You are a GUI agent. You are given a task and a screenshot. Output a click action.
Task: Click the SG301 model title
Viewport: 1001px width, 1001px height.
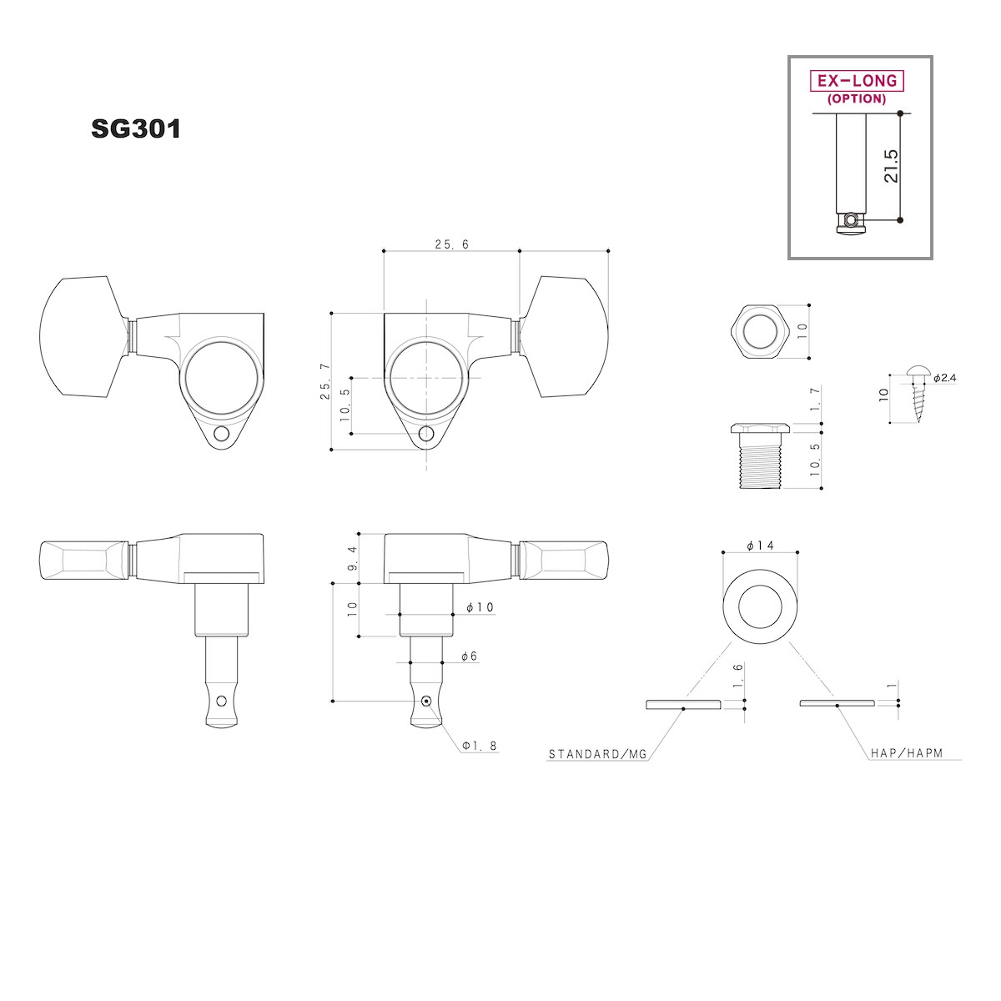point(136,128)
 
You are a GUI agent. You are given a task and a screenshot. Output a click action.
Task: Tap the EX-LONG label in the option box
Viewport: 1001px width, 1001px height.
point(858,81)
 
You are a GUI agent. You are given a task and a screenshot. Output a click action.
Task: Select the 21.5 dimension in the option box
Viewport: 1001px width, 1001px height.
point(890,166)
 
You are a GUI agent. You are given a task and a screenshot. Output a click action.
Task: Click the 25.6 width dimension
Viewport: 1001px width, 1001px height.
point(451,244)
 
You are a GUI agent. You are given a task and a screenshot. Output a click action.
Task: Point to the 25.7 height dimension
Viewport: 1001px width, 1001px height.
point(325,380)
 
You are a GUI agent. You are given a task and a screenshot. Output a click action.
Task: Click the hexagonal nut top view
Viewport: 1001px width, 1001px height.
point(760,331)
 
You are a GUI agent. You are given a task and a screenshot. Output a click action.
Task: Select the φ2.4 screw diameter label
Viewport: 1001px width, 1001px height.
point(944,378)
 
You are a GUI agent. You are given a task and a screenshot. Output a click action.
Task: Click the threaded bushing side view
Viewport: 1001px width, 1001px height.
point(760,455)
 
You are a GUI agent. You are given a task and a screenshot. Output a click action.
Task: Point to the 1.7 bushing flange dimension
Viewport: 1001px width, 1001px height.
point(815,399)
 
